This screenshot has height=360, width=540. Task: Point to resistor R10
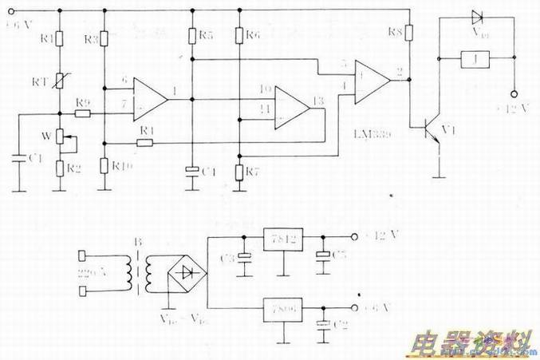104,166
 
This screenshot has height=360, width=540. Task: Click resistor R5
192,35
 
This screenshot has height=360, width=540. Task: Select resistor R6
239,35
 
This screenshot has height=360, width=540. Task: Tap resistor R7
239,171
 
